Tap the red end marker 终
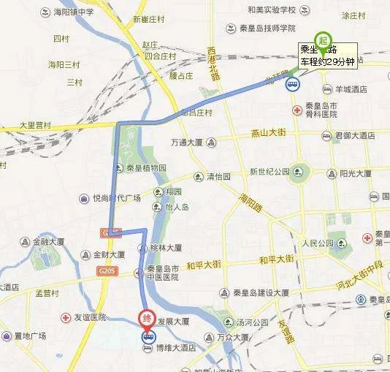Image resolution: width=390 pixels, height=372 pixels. click(147, 319)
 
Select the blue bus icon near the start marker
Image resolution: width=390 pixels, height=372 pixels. click(292, 83)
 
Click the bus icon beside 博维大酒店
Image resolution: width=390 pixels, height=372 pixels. click(149, 337)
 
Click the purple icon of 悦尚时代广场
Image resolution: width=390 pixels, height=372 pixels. click(85, 197)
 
